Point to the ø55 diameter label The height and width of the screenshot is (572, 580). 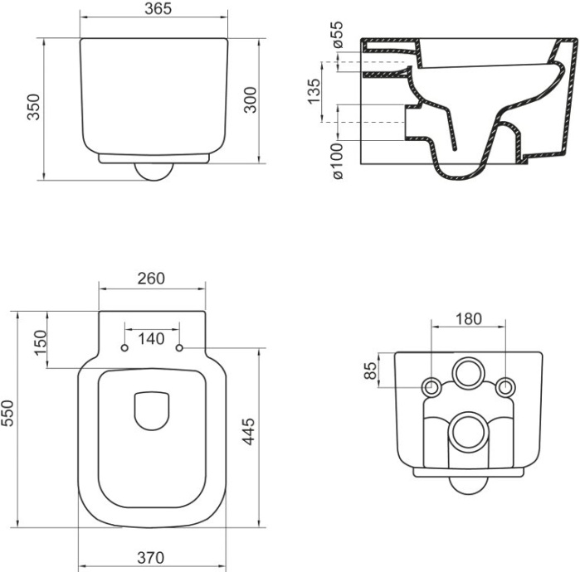(x=337, y=36)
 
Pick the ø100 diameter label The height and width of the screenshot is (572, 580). (x=337, y=162)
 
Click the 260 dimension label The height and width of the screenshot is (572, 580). (x=152, y=278)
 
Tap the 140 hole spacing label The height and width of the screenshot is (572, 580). (x=152, y=338)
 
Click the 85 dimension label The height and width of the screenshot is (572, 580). (x=371, y=371)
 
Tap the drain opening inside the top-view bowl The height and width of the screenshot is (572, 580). (x=152, y=410)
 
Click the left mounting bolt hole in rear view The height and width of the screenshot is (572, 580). (x=431, y=387)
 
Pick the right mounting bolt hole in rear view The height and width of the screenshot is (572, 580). (x=504, y=387)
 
